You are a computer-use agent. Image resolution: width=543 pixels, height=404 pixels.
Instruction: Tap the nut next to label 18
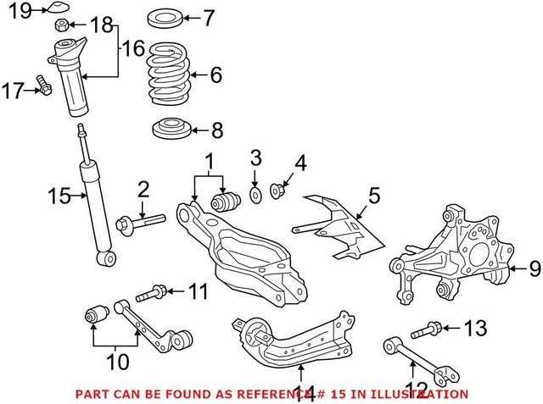click(64, 25)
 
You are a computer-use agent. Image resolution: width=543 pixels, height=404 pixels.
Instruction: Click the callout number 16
click(132, 51)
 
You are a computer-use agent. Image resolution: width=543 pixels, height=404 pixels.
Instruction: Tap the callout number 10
click(117, 362)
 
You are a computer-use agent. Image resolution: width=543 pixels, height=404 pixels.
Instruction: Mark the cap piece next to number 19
click(58, 9)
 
